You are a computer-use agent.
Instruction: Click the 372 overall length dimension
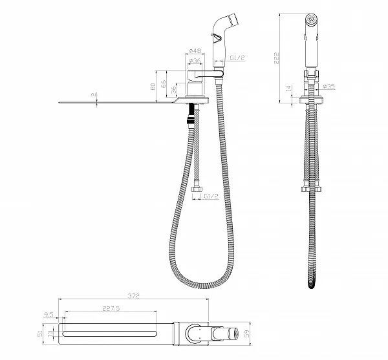click(134, 296)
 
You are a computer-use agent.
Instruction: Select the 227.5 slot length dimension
click(111, 308)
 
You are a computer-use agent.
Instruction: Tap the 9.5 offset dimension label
click(48, 315)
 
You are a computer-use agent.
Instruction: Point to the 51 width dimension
click(39, 334)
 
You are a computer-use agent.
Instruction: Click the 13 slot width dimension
click(50, 334)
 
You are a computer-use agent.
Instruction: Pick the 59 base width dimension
click(247, 334)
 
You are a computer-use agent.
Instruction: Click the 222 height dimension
click(276, 58)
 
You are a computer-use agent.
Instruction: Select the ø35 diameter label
click(329, 87)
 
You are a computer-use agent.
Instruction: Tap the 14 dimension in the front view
click(289, 89)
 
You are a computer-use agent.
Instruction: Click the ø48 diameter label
click(195, 50)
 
